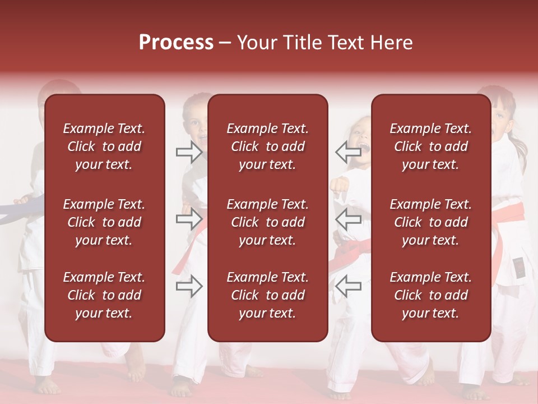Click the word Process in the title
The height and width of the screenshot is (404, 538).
point(176,43)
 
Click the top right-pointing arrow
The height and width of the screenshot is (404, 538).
point(189,152)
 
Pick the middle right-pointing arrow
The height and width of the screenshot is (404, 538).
point(189,219)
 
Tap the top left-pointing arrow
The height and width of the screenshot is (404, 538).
point(348,151)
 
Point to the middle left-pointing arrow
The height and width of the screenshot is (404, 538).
point(348,219)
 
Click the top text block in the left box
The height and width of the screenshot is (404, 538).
point(104,146)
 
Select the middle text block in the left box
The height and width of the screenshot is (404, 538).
point(104,222)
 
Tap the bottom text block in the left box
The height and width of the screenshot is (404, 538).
point(104,295)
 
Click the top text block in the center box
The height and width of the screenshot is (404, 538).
point(268,146)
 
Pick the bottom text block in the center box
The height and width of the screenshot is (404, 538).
point(268,295)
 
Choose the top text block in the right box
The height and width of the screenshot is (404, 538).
point(431,146)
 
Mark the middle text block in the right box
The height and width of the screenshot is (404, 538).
point(431,222)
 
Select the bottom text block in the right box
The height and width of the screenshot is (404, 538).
point(431,295)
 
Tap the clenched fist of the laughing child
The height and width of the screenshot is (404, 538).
point(339,185)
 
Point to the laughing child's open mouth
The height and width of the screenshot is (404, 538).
point(363,149)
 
